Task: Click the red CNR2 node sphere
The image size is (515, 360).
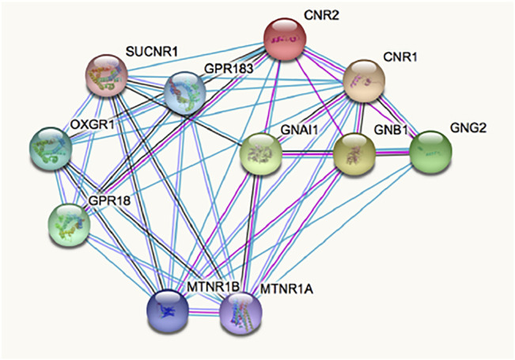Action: (286, 37)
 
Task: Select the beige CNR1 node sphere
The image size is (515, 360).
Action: (364, 78)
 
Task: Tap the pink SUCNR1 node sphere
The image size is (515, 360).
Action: (108, 76)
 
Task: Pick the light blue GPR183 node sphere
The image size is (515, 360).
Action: (184, 93)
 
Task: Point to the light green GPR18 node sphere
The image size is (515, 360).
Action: (69, 223)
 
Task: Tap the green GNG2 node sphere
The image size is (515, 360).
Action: (430, 151)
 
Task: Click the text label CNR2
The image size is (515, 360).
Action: (320, 15)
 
